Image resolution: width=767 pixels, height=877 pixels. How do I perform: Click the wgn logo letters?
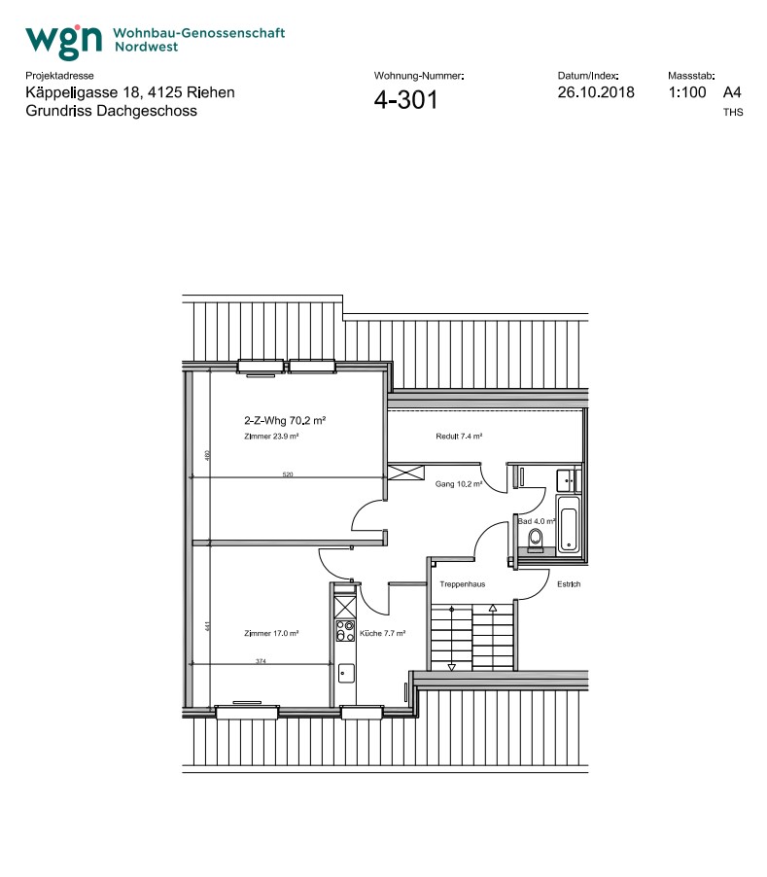[x=64, y=40]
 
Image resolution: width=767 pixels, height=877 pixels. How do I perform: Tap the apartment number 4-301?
[x=405, y=99]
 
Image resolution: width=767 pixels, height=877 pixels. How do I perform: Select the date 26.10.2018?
[x=596, y=92]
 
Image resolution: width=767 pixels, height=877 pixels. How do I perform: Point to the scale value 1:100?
[x=686, y=92]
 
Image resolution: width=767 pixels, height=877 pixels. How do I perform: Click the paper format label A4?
[x=732, y=92]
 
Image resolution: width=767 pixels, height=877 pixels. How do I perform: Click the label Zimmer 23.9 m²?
[x=271, y=438]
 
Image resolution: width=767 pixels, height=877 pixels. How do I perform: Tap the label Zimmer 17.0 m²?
[x=270, y=633]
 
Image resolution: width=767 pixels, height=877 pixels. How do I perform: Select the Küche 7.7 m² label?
[x=382, y=633]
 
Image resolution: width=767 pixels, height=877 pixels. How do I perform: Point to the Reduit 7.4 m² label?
[x=459, y=437]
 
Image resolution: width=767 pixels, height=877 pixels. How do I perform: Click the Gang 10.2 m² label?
[x=459, y=483]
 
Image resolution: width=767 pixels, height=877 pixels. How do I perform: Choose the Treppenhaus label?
[x=462, y=584]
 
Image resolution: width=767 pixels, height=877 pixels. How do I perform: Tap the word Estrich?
[x=569, y=584]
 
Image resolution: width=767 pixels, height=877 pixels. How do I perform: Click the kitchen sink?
[x=344, y=670]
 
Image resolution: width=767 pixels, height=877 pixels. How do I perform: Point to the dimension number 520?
[x=288, y=474]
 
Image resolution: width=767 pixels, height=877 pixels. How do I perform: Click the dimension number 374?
[x=261, y=661]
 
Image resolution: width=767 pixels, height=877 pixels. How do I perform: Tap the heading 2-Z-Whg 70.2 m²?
[x=284, y=421]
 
